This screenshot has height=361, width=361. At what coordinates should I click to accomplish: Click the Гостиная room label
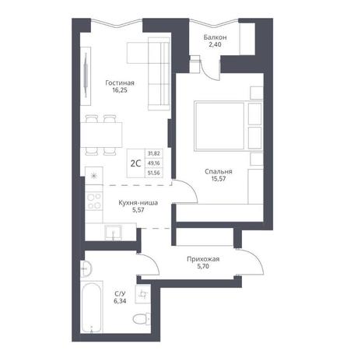[120, 83]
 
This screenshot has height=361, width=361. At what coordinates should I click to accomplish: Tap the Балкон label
[215, 37]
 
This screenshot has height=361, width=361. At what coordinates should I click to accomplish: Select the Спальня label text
[219, 171]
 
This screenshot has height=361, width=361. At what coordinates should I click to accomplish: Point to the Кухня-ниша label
[138, 202]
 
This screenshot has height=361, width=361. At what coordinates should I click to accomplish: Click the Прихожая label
[203, 259]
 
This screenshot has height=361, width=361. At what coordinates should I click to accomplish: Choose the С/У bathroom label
[120, 294]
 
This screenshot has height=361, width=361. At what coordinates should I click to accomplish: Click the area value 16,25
[120, 90]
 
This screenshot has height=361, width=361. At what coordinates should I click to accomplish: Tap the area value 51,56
[154, 173]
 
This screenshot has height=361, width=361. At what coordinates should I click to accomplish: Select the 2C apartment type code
[135, 163]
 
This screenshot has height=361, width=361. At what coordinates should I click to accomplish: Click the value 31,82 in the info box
[154, 153]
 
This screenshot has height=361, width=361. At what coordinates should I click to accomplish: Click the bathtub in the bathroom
[91, 307]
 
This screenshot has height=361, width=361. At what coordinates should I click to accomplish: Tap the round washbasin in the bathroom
[86, 269]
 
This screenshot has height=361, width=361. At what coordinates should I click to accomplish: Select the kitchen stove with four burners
[94, 202]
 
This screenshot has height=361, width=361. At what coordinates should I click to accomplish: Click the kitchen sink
[114, 232]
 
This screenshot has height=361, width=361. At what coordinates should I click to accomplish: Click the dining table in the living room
[101, 135]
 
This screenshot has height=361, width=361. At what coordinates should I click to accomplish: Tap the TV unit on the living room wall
[86, 76]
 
